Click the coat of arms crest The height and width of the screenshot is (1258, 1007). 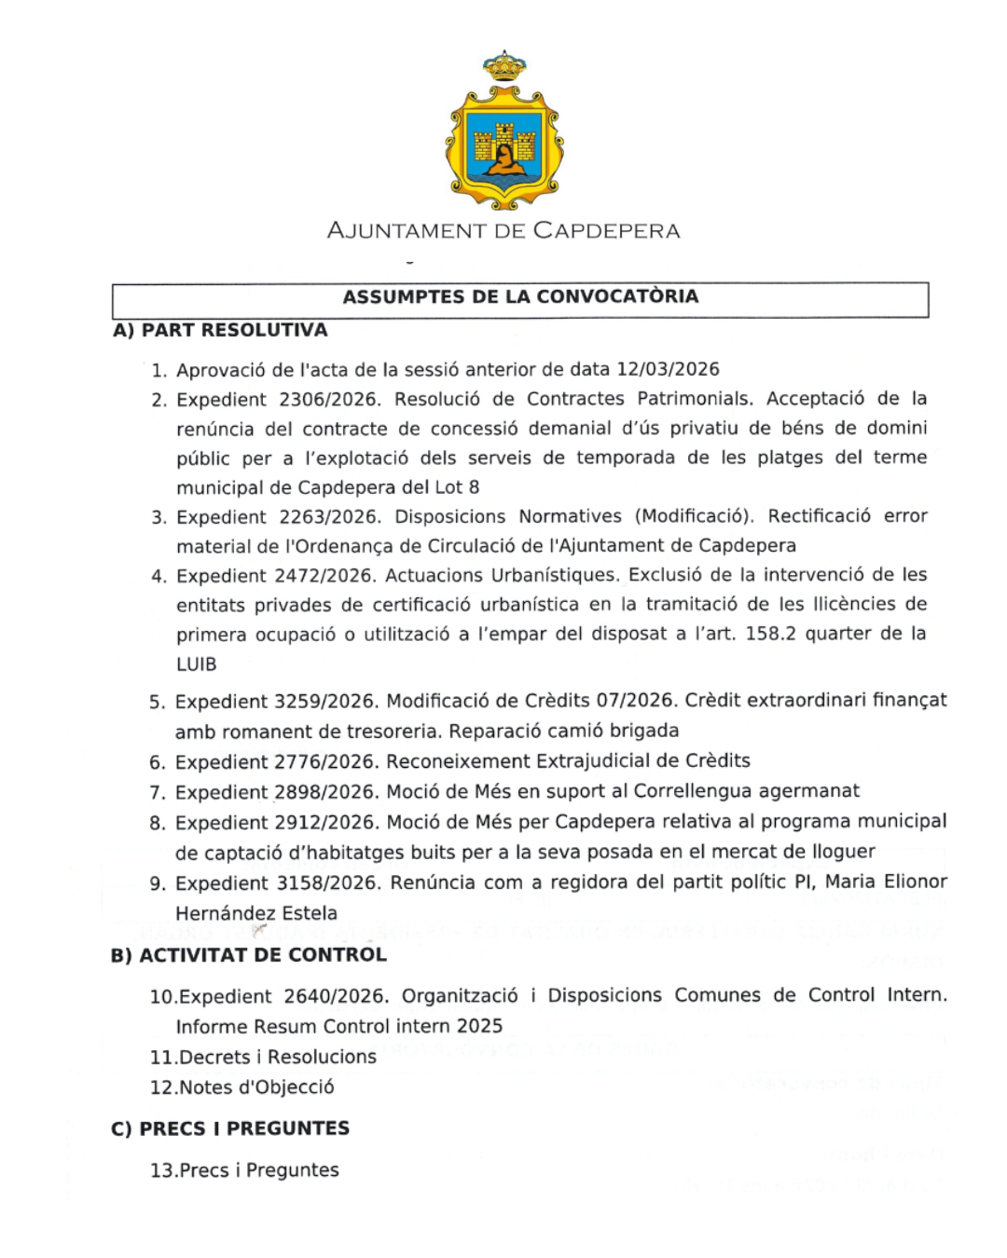(x=504, y=144)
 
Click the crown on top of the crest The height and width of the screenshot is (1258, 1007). (x=504, y=66)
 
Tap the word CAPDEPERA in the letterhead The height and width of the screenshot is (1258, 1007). (x=607, y=231)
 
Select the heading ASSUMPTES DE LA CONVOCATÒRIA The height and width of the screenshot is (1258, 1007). (x=520, y=297)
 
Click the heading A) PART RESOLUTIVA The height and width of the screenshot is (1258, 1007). (x=220, y=330)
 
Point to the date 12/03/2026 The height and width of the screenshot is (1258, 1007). (x=668, y=369)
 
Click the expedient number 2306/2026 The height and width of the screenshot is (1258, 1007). (x=329, y=399)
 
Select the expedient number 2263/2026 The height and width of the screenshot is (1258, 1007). (x=329, y=516)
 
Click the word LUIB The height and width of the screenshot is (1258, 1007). (x=197, y=664)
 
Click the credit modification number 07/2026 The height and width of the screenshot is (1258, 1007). (x=634, y=701)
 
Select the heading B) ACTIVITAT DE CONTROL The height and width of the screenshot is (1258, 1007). (x=248, y=955)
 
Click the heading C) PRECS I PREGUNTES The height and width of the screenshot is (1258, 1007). (x=229, y=1128)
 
